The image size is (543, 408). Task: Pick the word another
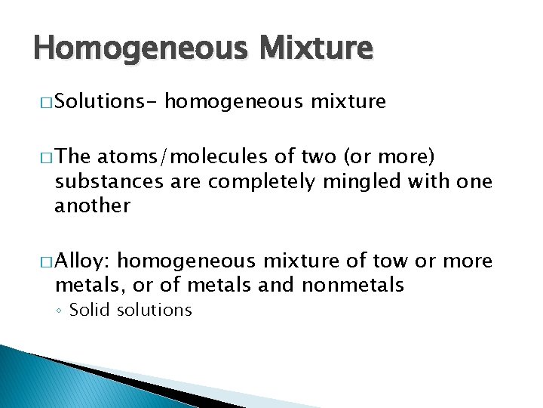coord(92,205)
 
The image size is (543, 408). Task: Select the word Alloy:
coord(84,261)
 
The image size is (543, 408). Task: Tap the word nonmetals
coord(352,285)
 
